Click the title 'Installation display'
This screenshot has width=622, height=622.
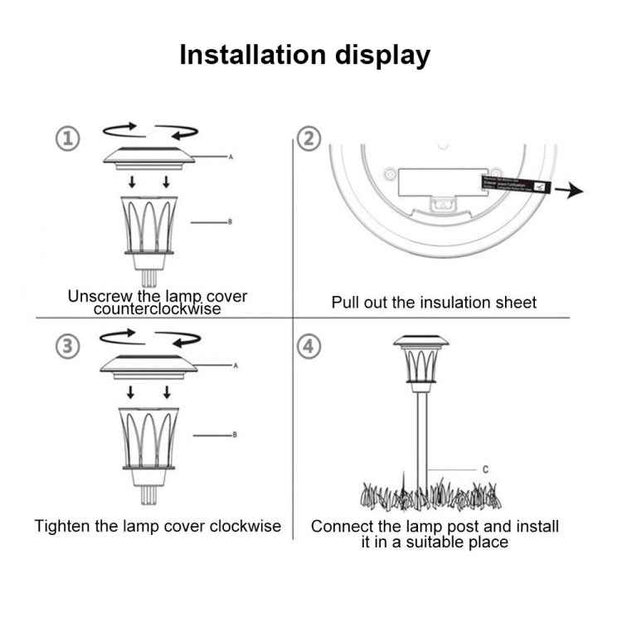(305, 55)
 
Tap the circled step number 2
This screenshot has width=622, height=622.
(309, 138)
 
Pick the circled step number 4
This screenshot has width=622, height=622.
(309, 346)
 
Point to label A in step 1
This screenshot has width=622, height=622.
(231, 155)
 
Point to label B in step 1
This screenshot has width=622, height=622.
(230, 222)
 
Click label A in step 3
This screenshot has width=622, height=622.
(236, 365)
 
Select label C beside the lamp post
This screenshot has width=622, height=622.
(485, 469)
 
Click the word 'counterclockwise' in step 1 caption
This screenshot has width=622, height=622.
(158, 309)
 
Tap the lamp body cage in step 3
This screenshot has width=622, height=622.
(151, 438)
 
